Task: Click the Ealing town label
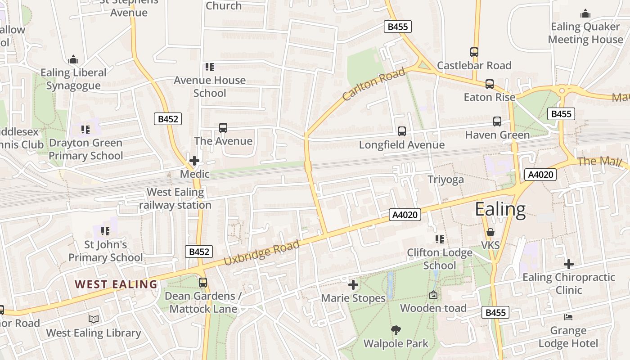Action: pos(500,210)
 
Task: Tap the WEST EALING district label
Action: pos(116,284)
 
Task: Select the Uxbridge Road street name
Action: pos(261,252)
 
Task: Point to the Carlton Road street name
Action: pos(373,84)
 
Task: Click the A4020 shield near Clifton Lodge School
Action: pos(405,215)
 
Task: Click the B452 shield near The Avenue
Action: pos(168,119)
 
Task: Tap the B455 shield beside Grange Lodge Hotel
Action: pos(495,312)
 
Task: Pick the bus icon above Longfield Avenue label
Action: pos(401,131)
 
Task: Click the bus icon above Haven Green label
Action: pos(497,121)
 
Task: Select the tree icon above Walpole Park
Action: pos(396,330)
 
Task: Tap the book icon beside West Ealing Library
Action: pos(94,319)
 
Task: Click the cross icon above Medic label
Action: pos(194,161)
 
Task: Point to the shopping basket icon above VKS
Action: pos(490,232)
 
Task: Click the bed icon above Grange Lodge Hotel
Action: pos(568,317)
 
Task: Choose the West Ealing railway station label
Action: pos(175,198)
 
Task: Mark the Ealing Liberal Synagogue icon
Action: pos(73,59)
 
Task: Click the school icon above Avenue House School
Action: pos(209,67)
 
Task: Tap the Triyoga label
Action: pos(445,180)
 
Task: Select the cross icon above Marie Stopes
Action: pos(353,285)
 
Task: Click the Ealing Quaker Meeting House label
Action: pos(585,33)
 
